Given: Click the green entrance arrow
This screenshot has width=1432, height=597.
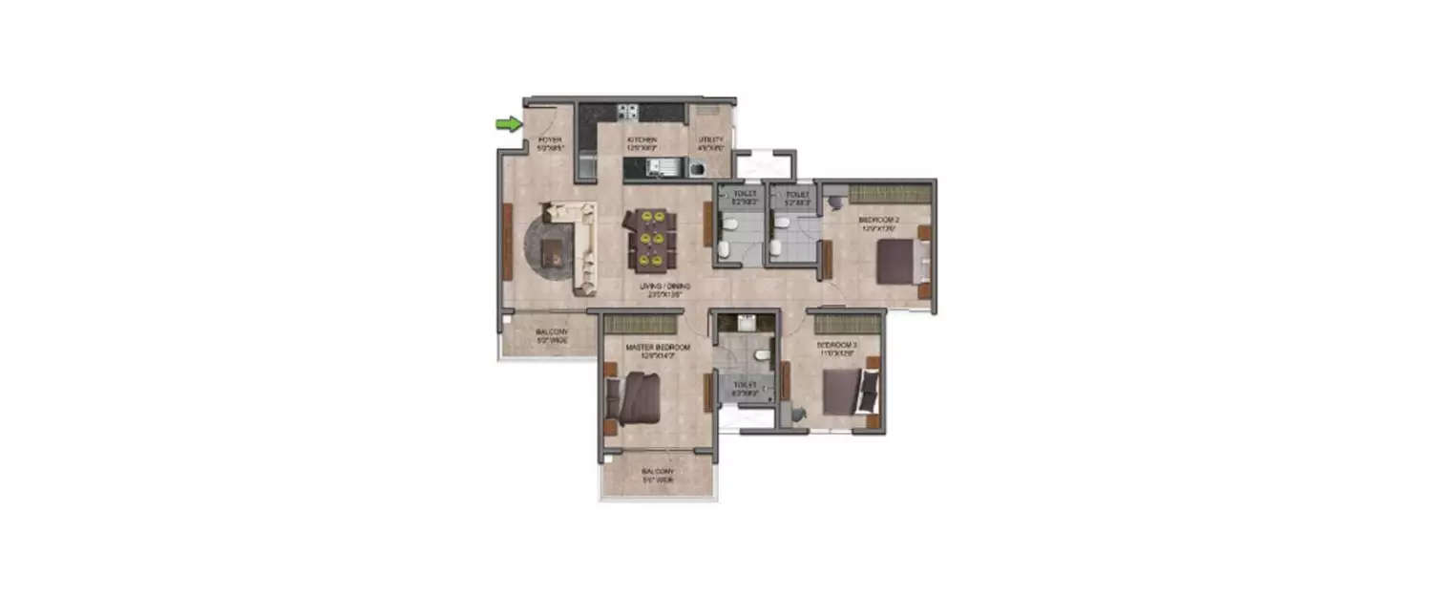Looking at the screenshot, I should pos(509,123).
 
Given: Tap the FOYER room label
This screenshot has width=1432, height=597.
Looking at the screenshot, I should pos(547,143).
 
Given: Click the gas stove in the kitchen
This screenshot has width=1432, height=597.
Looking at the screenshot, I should pos(627,112).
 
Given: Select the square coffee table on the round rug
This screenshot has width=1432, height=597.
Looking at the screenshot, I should pos(552,250).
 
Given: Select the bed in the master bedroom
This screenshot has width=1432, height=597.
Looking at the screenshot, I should pos(633,398).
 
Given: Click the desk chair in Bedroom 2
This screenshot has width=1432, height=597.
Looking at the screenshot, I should pos(835,202).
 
